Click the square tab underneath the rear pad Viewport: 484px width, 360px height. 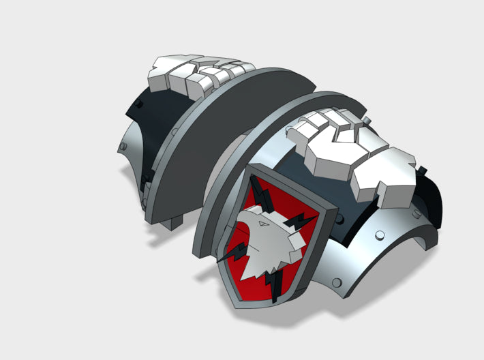click(176, 222)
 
